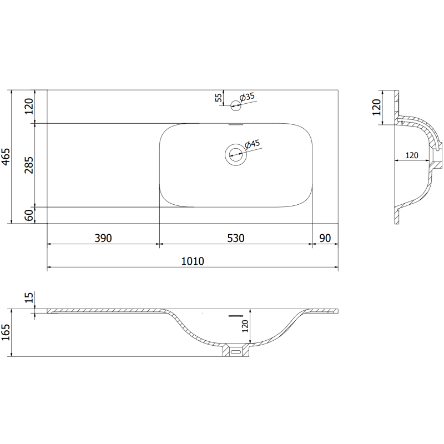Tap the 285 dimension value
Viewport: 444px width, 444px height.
tap(29, 165)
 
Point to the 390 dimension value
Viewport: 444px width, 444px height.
tap(103, 238)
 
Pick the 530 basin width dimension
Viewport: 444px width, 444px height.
tap(235, 238)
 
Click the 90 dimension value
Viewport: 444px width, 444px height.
tap(325, 238)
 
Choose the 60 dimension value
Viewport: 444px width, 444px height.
tap(29, 215)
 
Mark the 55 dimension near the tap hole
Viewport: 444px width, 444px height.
tap(219, 98)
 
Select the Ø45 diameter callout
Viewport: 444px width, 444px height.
tap(253, 144)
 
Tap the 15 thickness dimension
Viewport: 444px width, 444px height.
tap(29, 299)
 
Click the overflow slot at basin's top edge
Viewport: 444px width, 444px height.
tap(235, 125)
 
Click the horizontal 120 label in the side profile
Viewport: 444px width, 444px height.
tap(411, 155)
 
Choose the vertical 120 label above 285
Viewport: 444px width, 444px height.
tap(29, 105)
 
